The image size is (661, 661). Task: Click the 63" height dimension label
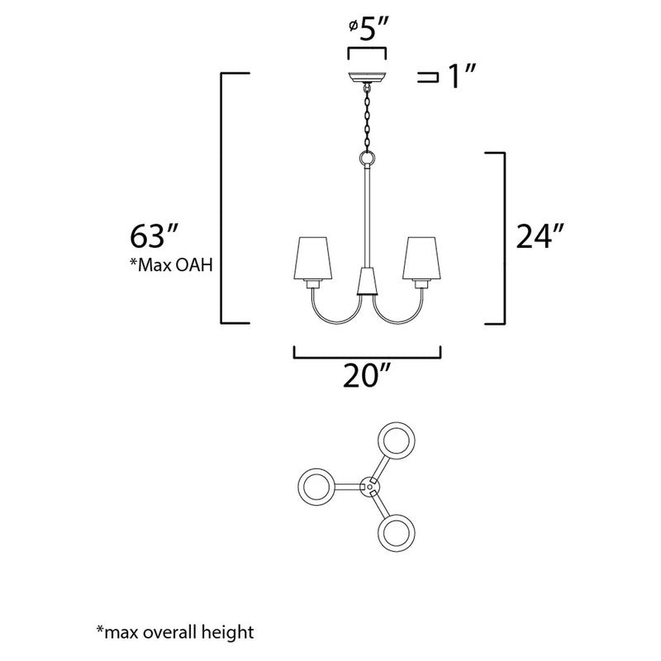point(150,236)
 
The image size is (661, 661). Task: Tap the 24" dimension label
point(538,238)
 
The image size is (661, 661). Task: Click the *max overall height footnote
point(174,633)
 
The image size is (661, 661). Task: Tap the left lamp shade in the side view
point(313,259)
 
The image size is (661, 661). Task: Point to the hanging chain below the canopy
point(366,119)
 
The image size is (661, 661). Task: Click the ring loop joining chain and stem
point(366,158)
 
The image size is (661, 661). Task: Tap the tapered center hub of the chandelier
point(366,283)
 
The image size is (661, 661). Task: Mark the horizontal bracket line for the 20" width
point(367,358)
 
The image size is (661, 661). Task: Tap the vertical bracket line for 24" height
point(502,238)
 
